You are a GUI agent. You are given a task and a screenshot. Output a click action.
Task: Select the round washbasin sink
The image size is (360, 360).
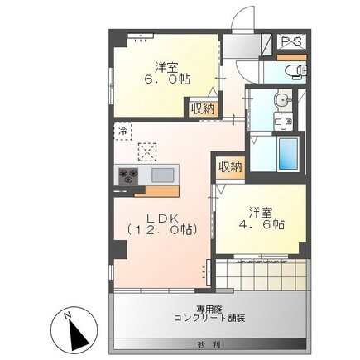coord(283,101)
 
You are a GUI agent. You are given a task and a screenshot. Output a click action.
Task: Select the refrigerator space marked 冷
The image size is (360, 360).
coord(122,132)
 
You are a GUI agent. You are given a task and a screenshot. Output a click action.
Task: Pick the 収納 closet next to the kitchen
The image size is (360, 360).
coord(229,167)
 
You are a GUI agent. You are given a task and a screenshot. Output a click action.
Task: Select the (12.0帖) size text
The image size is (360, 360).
coord(161,232)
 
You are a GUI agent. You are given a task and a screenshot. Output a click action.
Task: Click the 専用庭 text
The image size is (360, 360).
coord(209,305)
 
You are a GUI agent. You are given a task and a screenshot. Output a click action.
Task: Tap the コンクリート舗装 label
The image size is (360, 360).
coord(209,317)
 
